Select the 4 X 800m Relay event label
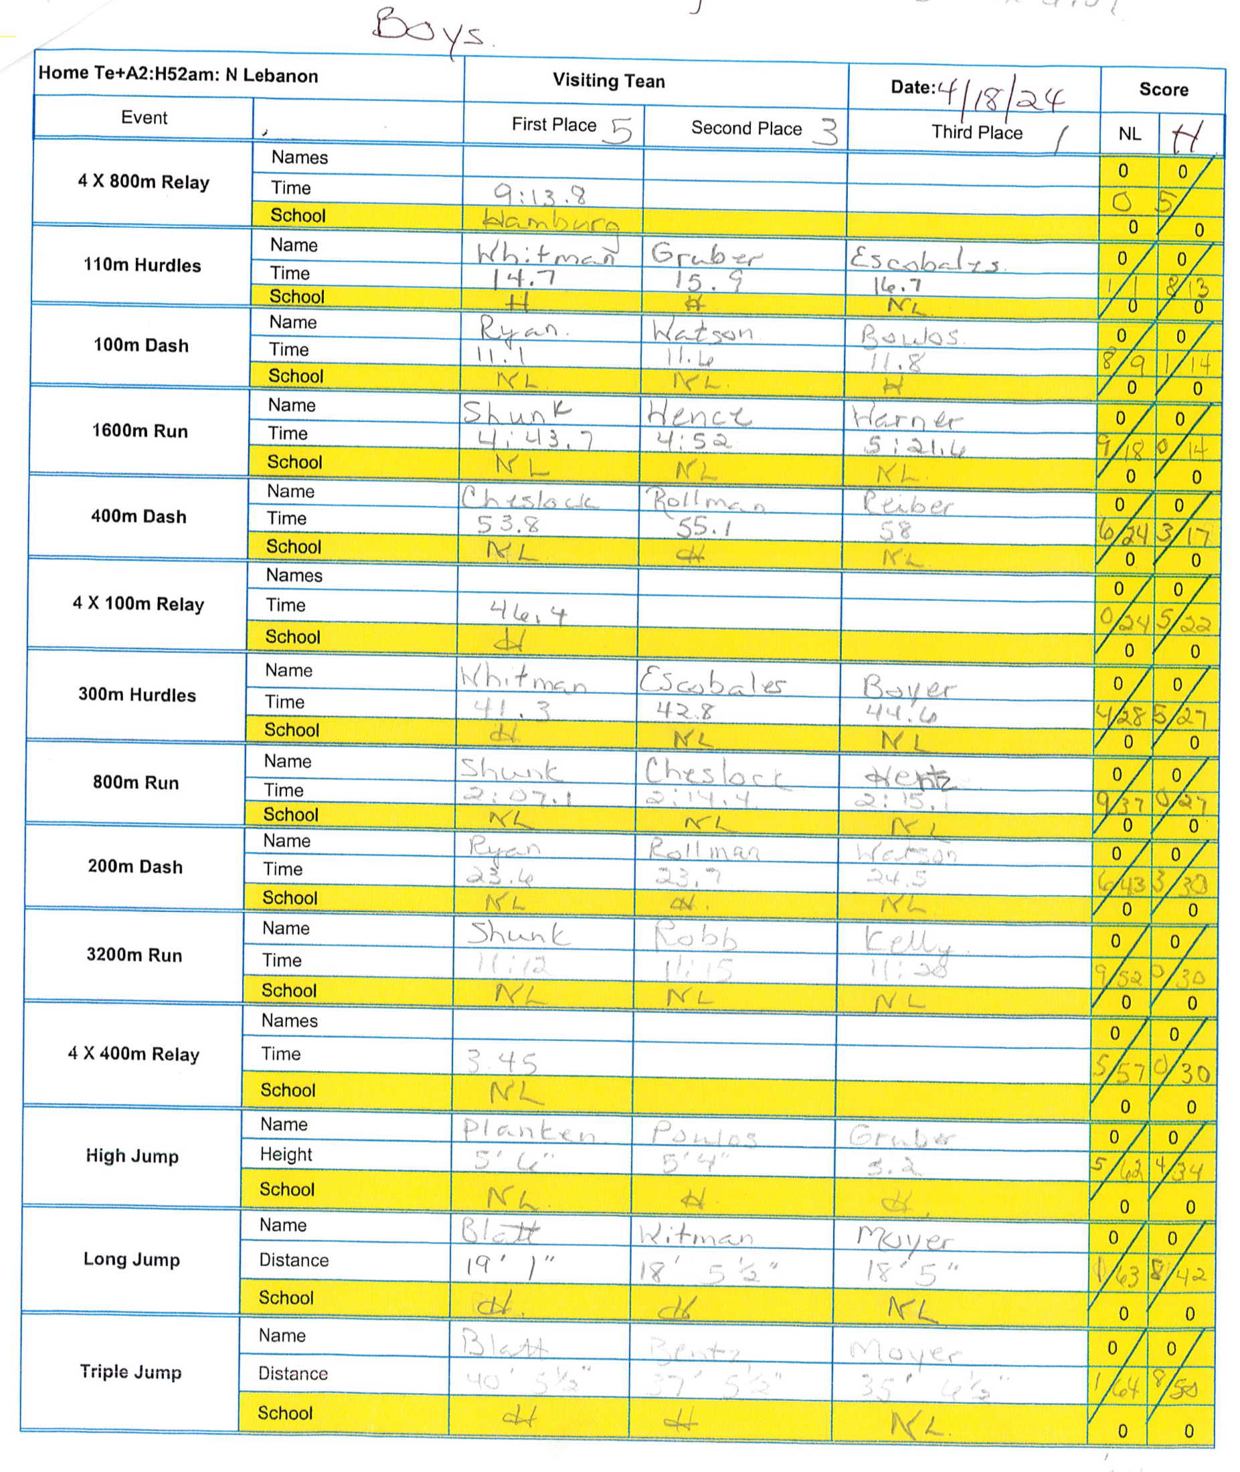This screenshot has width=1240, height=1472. pyautogui.click(x=143, y=182)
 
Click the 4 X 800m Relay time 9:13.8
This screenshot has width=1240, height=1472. pyautogui.click(x=540, y=193)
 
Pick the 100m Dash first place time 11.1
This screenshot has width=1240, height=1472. pyautogui.click(x=502, y=356)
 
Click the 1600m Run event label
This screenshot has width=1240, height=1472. pyautogui.click(x=140, y=431)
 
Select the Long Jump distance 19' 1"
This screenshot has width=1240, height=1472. pyautogui.click(x=510, y=1267)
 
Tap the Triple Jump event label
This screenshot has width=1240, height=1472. pyautogui.click(x=130, y=1372)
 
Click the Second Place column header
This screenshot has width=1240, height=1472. pyautogui.click(x=747, y=128)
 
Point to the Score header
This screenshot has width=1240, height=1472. pyautogui.click(x=1164, y=90)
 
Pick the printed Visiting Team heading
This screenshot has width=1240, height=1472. pyautogui.click(x=609, y=82)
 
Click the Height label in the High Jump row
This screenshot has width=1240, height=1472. pyautogui.click(x=285, y=1154)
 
